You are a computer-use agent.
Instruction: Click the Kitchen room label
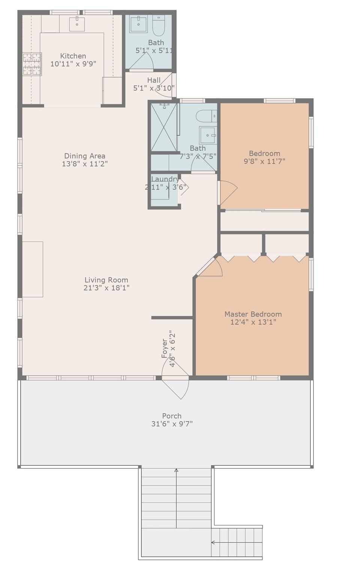73,56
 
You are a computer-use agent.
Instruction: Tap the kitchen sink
77,24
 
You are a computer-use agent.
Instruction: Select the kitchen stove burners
32,64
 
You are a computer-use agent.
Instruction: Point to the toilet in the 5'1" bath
159,25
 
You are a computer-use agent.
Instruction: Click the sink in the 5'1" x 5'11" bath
138,24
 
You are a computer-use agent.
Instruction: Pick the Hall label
154,80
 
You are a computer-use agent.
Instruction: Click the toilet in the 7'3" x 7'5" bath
206,116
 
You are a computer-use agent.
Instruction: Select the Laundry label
165,179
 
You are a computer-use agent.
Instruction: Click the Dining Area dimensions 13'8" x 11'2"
85,164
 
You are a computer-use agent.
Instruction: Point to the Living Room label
106,280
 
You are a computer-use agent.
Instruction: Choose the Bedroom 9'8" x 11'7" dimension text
264,161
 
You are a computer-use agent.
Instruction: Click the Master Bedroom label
253,314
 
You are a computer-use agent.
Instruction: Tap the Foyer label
165,348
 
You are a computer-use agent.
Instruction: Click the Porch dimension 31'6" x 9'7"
172,424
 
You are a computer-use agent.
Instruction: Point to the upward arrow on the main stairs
176,470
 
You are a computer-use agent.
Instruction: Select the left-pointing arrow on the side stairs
213,542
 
